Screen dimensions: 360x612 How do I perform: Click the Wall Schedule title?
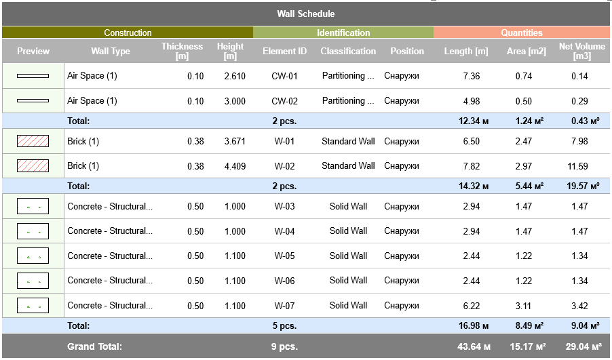(x=305, y=14)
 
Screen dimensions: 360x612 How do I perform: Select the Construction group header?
(x=128, y=33)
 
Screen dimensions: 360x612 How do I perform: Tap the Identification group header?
(x=343, y=33)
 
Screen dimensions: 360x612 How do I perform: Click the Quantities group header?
(x=522, y=33)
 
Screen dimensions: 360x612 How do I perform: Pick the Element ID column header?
(x=284, y=51)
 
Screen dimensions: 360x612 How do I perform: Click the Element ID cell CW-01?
(x=284, y=76)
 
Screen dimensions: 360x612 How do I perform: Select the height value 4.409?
(x=235, y=166)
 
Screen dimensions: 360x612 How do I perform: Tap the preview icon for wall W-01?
(x=33, y=141)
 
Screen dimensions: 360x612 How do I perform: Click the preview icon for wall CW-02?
(x=33, y=101)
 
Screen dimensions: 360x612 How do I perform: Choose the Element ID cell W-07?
(x=284, y=306)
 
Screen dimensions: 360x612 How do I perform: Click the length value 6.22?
(x=471, y=306)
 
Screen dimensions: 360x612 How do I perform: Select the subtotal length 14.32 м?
(x=473, y=186)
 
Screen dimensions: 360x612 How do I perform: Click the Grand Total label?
(x=94, y=346)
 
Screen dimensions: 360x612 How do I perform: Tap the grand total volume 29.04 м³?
(x=581, y=346)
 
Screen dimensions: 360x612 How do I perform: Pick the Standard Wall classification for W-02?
(x=348, y=166)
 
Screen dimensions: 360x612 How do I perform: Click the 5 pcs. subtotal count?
(x=284, y=326)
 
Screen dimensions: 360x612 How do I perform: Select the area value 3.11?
(x=523, y=306)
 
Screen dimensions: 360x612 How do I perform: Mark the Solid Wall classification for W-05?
(x=348, y=256)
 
